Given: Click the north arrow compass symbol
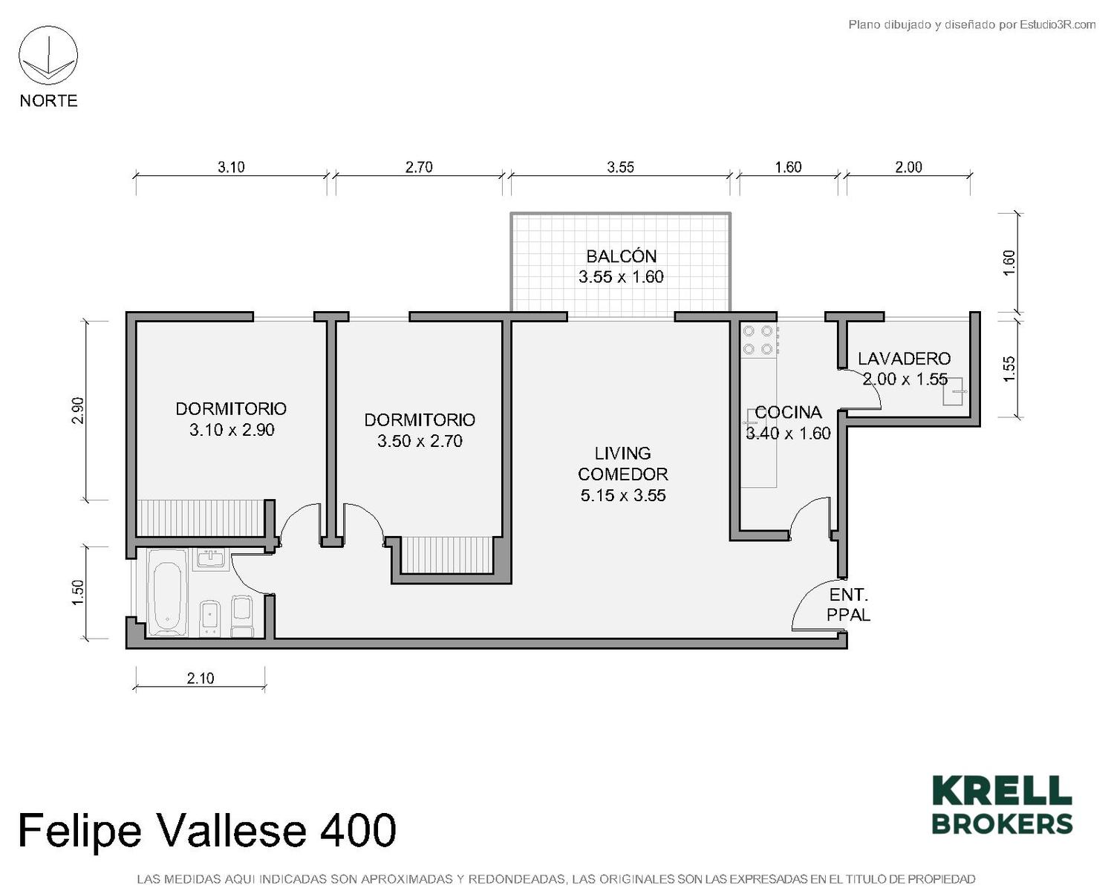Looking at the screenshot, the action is (48, 56).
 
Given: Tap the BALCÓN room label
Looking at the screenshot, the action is (621, 256).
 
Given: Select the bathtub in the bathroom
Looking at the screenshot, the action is (166, 593).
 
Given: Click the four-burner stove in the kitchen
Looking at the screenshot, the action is (759, 339).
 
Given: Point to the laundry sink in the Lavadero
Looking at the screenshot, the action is (953, 391).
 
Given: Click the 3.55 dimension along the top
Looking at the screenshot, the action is (620, 167).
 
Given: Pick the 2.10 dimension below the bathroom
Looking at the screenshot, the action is (201, 678).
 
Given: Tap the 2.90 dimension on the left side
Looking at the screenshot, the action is (77, 410).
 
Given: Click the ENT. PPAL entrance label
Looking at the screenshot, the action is (848, 604).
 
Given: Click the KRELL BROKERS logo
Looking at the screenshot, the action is (1002, 805).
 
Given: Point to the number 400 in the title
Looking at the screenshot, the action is (358, 830).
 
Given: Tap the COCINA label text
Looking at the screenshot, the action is (788, 412).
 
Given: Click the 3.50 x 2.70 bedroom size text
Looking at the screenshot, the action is (420, 441).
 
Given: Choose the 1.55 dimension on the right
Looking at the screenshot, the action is (1009, 369).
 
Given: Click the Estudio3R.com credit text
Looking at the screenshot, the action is (1058, 25).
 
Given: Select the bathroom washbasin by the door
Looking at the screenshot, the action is (211, 559).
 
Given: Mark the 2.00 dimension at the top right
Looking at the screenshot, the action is (908, 167).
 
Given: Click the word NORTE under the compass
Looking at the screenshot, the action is (49, 100).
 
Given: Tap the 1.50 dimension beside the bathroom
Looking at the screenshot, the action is (77, 593).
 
